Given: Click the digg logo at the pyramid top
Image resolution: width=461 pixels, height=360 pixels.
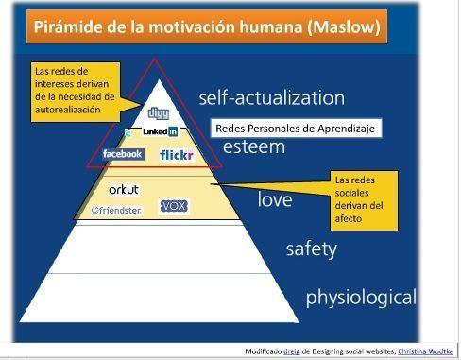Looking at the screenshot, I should click(158, 114).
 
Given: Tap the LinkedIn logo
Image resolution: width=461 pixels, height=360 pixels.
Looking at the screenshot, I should click(160, 131).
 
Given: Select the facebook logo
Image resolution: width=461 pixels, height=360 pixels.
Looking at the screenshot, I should click(122, 154).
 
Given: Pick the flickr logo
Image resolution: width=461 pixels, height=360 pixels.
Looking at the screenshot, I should click(177, 155).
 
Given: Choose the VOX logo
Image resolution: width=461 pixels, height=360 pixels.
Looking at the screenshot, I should click(175, 206).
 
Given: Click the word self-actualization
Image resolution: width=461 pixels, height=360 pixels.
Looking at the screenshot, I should click(271, 97).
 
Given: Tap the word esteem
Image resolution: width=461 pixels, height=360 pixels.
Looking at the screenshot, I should click(253, 147).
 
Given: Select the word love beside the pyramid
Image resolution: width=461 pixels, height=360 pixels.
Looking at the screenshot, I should click(275, 199).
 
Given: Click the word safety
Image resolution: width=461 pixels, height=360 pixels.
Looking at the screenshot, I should click(312, 249).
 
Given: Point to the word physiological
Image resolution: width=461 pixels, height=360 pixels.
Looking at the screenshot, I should click(360, 298).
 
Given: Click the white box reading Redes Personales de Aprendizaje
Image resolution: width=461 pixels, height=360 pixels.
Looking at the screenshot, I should click(295, 129).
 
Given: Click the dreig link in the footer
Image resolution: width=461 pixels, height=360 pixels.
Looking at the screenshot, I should click(293, 351).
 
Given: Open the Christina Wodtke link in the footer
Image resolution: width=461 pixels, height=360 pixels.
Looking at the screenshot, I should click(427, 351).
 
